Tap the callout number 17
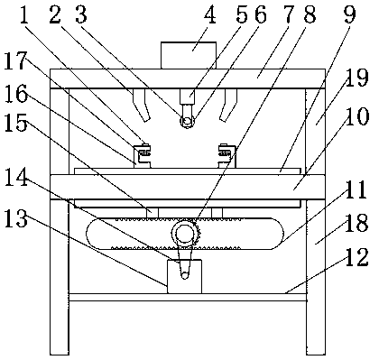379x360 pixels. coord(15,60)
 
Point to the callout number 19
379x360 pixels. coord(358,78)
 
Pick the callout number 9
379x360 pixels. coord(349,14)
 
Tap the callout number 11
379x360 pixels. coord(356,189)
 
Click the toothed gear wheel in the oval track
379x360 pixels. coord(184,233)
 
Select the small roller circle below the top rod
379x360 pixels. coord(188,121)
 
